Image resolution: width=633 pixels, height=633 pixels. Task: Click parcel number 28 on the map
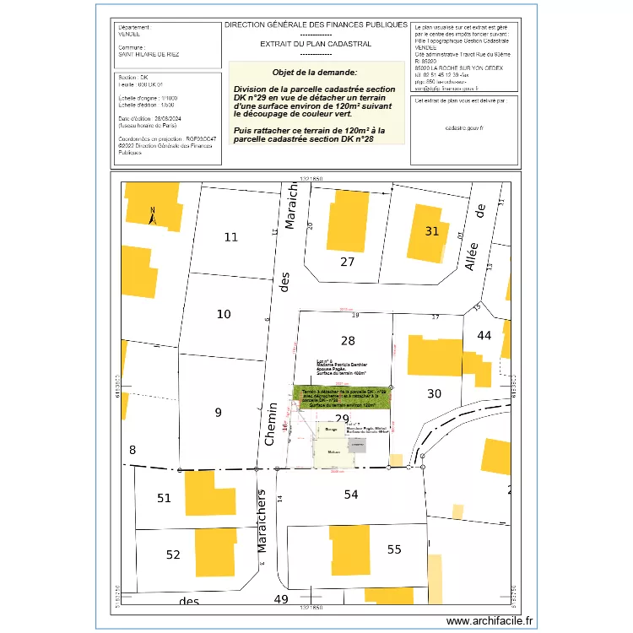point(347,341)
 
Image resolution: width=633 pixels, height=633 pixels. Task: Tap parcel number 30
point(434,393)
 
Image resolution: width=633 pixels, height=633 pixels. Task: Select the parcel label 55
point(394,549)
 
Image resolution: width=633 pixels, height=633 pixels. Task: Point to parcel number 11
point(230,237)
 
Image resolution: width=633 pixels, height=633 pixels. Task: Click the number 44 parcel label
point(484,335)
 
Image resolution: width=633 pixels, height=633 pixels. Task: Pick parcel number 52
point(173,555)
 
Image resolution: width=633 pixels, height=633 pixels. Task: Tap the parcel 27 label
point(347,262)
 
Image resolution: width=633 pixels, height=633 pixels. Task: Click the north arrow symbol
point(152,217)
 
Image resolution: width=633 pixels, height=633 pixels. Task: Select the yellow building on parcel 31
point(430,232)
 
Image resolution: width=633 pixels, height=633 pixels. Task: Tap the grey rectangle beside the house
point(357,445)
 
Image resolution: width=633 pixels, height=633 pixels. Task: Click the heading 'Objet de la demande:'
point(315,73)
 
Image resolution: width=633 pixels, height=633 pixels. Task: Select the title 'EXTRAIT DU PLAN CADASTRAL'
point(316,41)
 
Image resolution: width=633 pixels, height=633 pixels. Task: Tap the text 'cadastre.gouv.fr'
point(464,127)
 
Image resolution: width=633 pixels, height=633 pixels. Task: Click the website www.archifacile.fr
point(490,620)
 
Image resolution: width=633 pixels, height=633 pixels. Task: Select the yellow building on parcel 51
point(200,493)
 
